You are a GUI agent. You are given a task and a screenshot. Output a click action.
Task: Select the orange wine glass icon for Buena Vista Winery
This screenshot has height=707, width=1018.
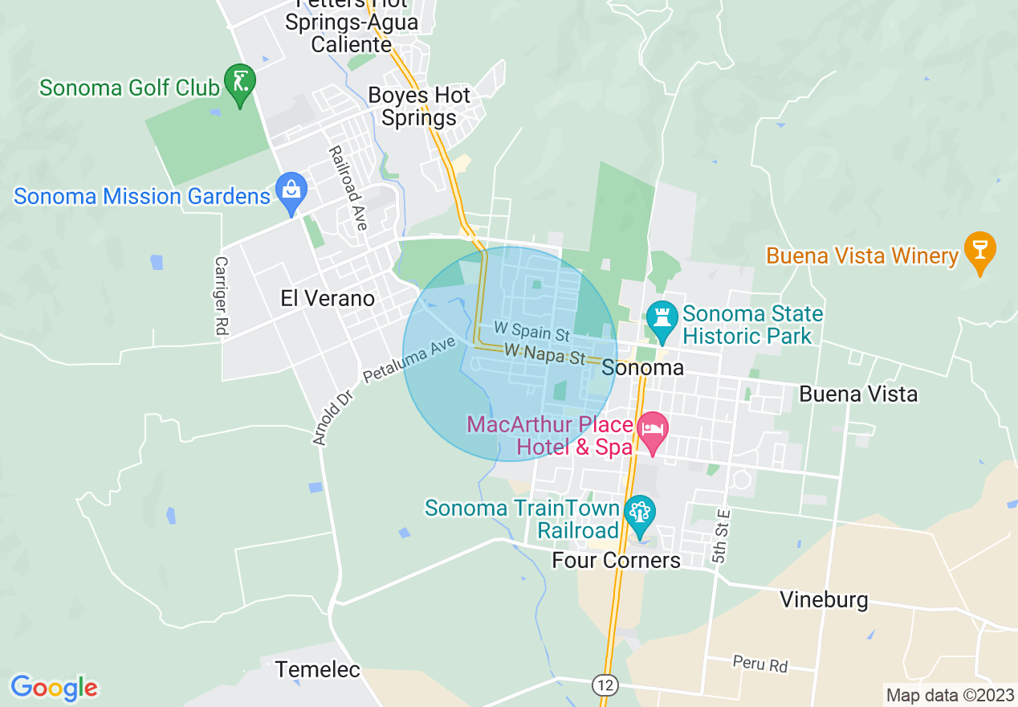(x=979, y=250)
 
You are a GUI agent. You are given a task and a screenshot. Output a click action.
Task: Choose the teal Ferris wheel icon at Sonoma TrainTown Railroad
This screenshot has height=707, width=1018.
(x=640, y=513)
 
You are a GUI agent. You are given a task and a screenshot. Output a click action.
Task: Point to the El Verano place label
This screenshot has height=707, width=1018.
(x=328, y=299)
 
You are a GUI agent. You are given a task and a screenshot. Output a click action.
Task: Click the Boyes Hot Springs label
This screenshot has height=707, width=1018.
(x=418, y=106)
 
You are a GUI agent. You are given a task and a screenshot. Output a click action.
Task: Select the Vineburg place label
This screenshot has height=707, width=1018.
(x=824, y=600)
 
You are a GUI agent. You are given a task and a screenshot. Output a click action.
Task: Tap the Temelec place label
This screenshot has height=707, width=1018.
(x=318, y=669)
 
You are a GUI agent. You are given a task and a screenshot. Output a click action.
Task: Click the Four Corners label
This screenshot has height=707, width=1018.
(x=616, y=560)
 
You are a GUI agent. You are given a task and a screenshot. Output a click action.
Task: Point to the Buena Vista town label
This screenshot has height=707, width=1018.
(x=858, y=394)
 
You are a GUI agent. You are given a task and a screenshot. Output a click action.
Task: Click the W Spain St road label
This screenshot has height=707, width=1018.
(x=531, y=330)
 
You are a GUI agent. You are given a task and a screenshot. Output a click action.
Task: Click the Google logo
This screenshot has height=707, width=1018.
(x=54, y=688)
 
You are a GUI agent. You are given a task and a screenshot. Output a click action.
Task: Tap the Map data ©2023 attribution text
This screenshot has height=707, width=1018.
(x=948, y=694)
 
